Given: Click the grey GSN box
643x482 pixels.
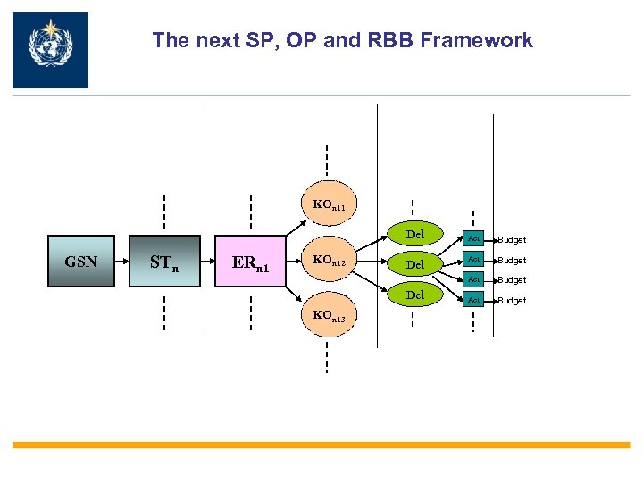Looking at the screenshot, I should point(81,262).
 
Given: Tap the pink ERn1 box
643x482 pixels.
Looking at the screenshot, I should point(252,262).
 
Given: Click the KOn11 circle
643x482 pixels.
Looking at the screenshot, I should point(327,205).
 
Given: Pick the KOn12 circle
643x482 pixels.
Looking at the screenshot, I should point(327,262).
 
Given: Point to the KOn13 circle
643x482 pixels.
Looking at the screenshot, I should point(327,316).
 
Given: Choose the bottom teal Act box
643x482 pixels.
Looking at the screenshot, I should point(473,300).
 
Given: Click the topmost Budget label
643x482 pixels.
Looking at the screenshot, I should point(512,240).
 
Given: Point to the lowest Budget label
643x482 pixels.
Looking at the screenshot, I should point(512,301).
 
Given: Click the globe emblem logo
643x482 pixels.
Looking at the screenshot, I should point(50,50).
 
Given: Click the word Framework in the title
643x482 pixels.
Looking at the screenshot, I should point(489,40).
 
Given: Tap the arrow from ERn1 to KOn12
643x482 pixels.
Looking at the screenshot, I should point(294,262).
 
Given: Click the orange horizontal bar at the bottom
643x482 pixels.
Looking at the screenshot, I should point(321,445).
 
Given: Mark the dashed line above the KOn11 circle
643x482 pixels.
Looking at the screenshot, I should point(327,161).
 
